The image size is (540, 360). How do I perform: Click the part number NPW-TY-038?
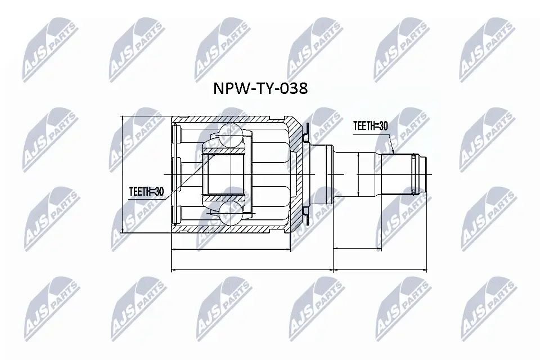point(259,88)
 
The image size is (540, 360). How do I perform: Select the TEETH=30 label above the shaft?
point(370,126)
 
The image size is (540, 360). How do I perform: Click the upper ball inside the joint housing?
point(230,134)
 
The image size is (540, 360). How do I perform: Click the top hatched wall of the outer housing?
point(231,119)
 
